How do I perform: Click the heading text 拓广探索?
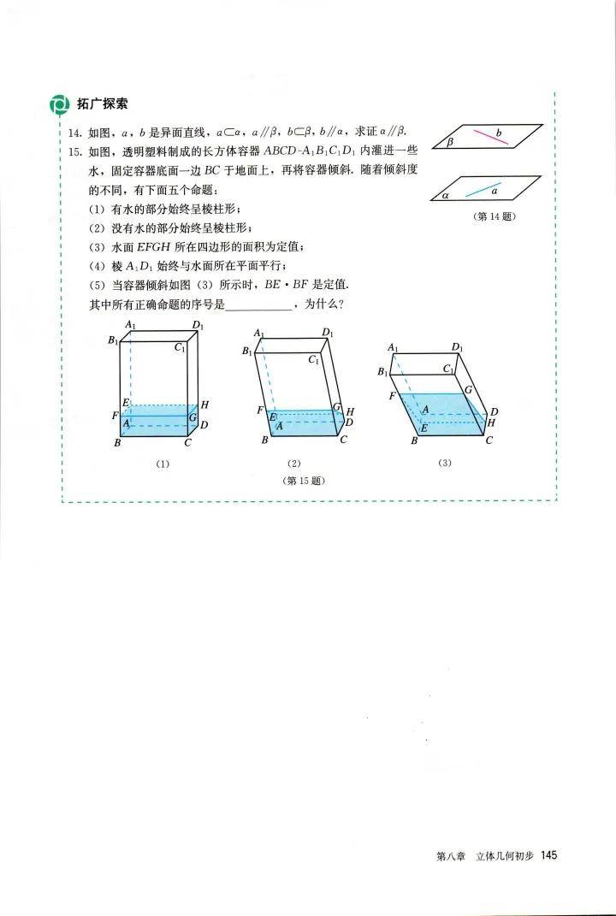click(x=103, y=104)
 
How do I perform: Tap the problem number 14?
click(x=74, y=133)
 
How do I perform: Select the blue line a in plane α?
click(x=483, y=189)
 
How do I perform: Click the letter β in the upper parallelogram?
click(x=450, y=141)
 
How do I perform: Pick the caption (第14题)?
click(x=494, y=216)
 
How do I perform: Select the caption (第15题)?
click(x=304, y=481)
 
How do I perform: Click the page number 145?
click(x=548, y=855)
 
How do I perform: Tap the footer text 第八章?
click(x=451, y=856)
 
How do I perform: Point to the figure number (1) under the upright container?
click(x=163, y=464)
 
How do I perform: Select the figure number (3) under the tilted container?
click(x=445, y=464)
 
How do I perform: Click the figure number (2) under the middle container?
click(x=294, y=464)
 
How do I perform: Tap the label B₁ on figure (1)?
click(x=112, y=340)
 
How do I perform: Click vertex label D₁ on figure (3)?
click(x=457, y=348)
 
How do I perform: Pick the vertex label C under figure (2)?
click(x=343, y=440)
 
